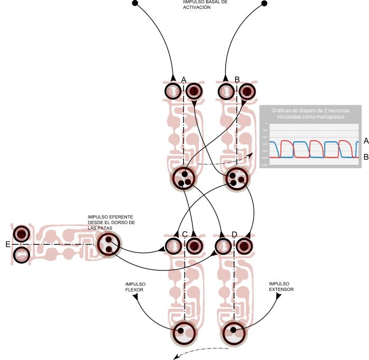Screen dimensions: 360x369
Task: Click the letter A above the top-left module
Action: (183, 80)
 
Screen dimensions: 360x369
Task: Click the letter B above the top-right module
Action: (237, 80)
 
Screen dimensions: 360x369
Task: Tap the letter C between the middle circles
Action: (184, 235)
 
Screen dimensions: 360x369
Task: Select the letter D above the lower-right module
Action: (234, 235)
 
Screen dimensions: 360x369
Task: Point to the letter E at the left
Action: (7, 245)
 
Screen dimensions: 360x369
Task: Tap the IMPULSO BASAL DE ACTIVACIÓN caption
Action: (197, 5)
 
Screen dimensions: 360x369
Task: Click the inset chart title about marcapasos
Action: (310, 114)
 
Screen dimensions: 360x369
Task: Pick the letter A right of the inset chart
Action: (365, 140)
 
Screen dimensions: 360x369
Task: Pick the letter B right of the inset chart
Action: (365, 157)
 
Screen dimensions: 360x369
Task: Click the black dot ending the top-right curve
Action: (264, 4)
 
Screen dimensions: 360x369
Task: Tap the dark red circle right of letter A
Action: (194, 92)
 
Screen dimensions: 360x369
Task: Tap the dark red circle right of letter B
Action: (246, 92)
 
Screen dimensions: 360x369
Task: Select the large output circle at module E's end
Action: (109, 244)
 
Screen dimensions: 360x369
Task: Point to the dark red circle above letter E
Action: (22, 234)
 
